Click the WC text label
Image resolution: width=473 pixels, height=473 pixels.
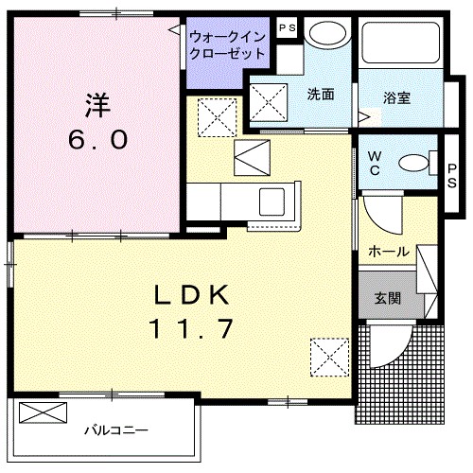(x=374, y=164)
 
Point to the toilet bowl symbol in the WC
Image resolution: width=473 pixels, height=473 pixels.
(x=414, y=164)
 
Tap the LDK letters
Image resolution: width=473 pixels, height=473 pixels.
(x=192, y=295)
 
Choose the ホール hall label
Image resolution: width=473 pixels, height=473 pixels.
(x=389, y=252)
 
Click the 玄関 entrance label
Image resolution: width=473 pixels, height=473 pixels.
(x=387, y=299)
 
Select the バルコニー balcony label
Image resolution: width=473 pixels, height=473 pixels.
(x=115, y=431)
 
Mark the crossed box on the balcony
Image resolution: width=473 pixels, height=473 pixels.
(x=44, y=413)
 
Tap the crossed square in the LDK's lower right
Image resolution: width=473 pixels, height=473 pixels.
(x=328, y=357)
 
